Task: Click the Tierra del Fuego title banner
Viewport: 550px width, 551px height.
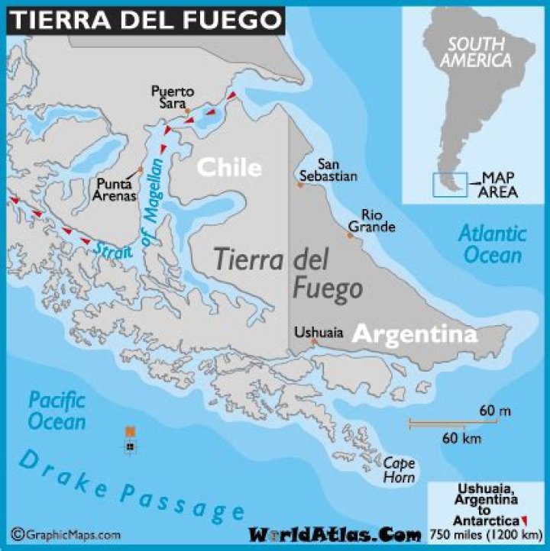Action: pyautogui.click(x=145, y=18)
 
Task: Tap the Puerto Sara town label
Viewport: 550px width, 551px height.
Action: pyautogui.click(x=172, y=98)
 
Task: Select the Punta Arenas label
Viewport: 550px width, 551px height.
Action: pyautogui.click(x=117, y=189)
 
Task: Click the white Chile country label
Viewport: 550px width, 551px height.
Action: pyautogui.click(x=229, y=167)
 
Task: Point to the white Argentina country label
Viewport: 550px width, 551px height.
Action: pyautogui.click(x=415, y=333)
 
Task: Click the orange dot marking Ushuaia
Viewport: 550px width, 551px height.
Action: pyautogui.click(x=314, y=341)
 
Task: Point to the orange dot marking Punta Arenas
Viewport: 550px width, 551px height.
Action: pyautogui.click(x=141, y=169)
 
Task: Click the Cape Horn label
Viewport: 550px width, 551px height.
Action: pyautogui.click(x=400, y=469)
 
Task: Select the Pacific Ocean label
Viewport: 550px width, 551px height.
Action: pyautogui.click(x=57, y=411)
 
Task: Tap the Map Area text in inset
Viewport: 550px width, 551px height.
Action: pyautogui.click(x=498, y=185)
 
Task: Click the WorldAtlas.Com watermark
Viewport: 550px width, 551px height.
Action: pyautogui.click(x=334, y=534)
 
